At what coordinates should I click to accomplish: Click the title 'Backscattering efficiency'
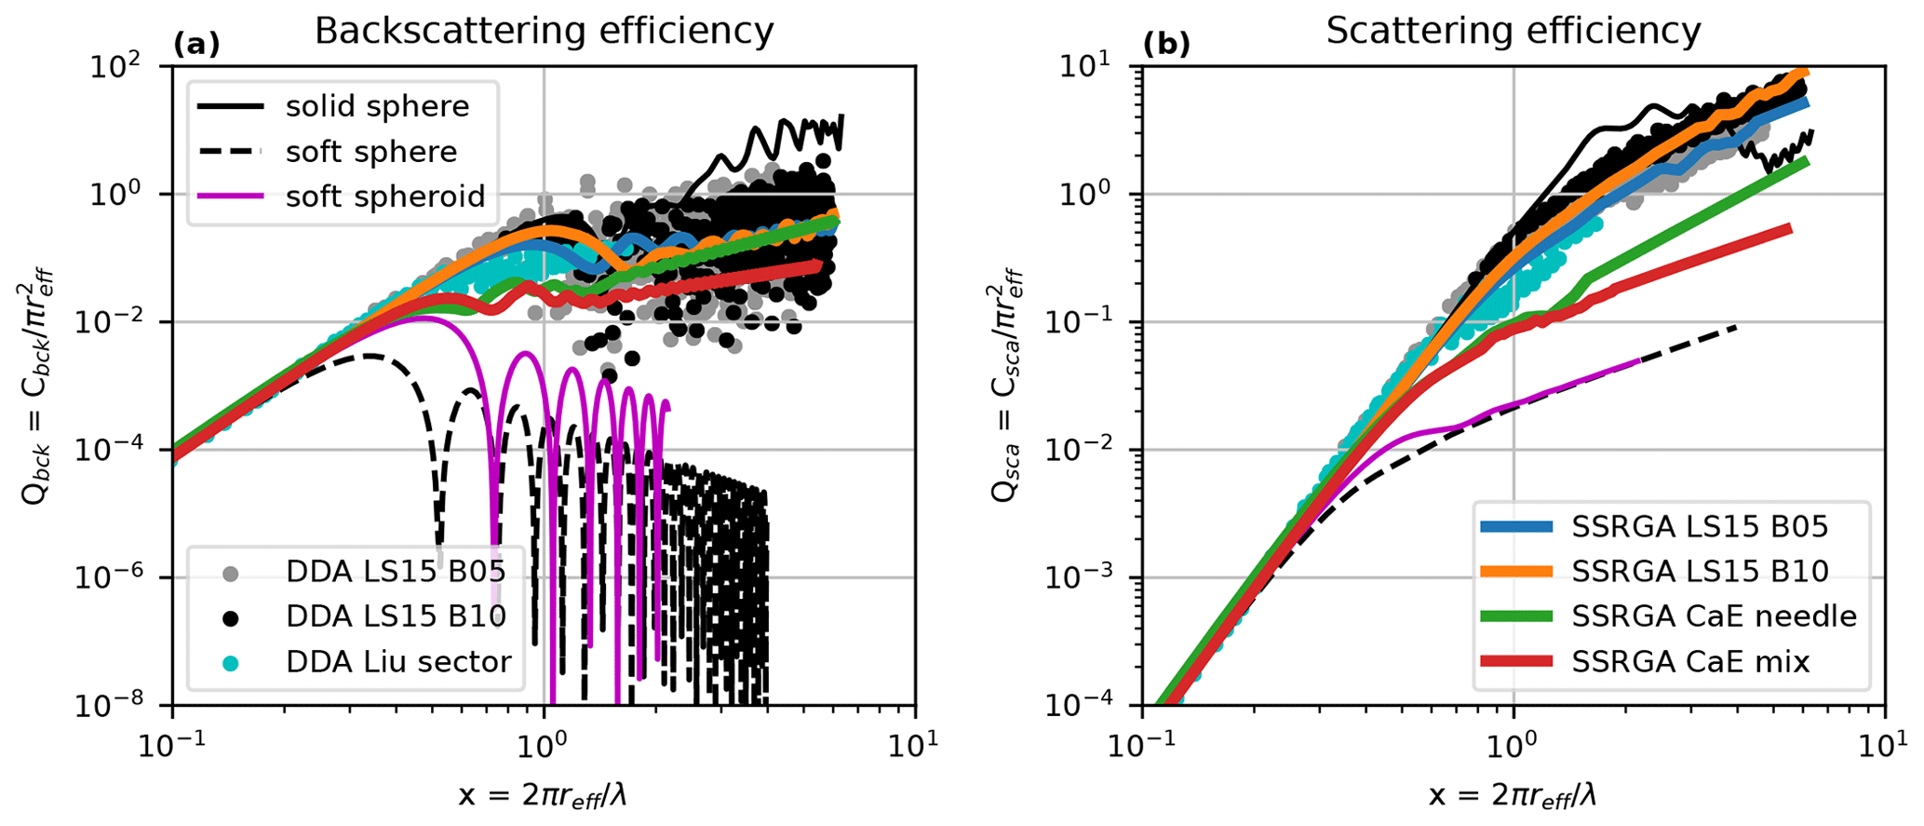[544, 32]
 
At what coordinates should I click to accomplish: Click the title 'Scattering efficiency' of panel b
[1514, 32]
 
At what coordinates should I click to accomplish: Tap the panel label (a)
[196, 44]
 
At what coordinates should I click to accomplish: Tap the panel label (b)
[1166, 44]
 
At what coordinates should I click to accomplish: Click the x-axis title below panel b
[1514, 794]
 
